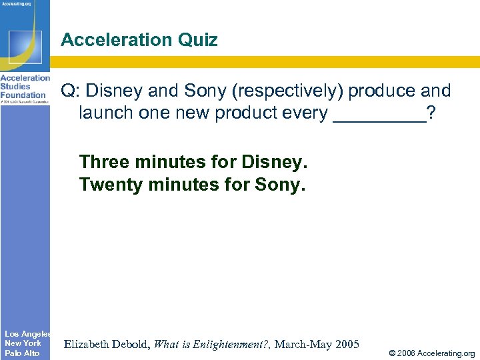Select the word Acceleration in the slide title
pos(116,41)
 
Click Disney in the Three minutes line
pos(273,162)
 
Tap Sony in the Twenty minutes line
pos(280,185)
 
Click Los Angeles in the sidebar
pos(27,333)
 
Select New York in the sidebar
pos(23,343)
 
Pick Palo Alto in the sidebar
pos(22,353)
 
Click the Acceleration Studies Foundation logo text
pos(25,86)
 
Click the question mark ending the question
pos(432,113)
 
